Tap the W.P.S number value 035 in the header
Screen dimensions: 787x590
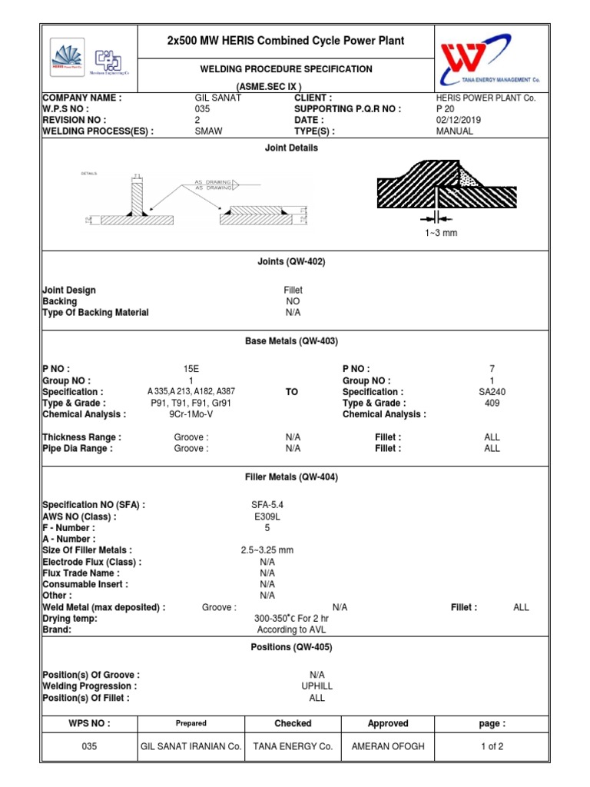click(202, 109)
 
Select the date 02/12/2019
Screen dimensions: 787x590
click(455, 121)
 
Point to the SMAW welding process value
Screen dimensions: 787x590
click(209, 131)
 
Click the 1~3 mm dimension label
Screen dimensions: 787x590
click(441, 233)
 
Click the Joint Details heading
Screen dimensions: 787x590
click(292, 148)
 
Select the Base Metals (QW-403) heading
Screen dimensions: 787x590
click(292, 340)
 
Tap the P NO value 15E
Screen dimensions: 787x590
click(191, 370)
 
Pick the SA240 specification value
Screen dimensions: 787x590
click(492, 392)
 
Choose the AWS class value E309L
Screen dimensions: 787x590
click(267, 517)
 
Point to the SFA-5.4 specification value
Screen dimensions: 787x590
click(267, 505)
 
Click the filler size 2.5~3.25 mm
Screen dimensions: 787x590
click(267, 550)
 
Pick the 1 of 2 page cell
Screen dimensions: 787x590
click(492, 746)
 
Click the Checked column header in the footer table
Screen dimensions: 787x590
click(293, 723)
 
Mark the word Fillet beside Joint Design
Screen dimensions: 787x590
click(293, 290)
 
